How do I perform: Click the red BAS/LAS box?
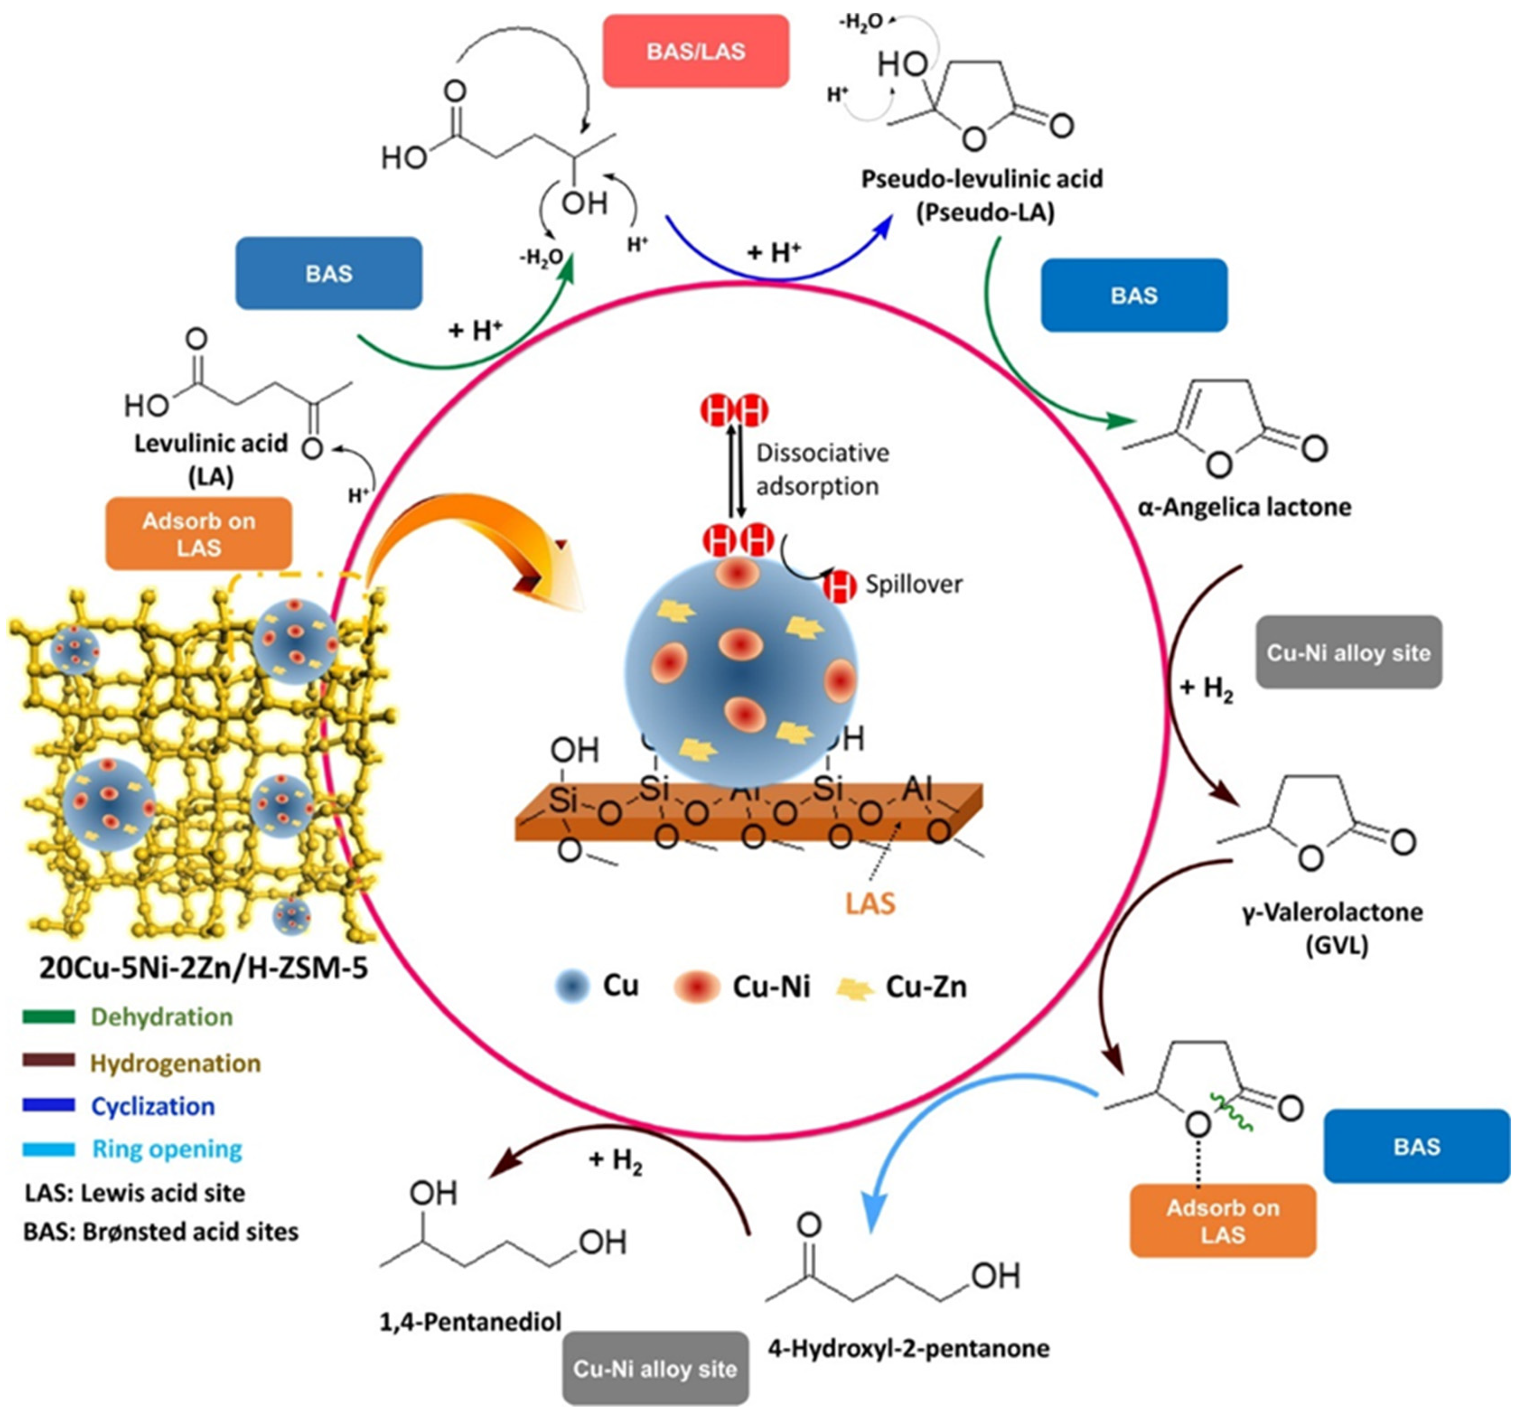click(696, 51)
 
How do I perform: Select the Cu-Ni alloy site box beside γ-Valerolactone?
click(1348, 652)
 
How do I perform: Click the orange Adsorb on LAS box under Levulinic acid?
click(198, 534)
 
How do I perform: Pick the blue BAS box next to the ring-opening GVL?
click(1416, 1146)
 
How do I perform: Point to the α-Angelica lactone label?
click(1244, 507)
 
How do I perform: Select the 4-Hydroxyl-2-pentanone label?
click(908, 1348)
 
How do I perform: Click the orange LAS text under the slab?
click(870, 904)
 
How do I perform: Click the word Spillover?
click(914, 584)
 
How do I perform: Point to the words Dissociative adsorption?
click(821, 469)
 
